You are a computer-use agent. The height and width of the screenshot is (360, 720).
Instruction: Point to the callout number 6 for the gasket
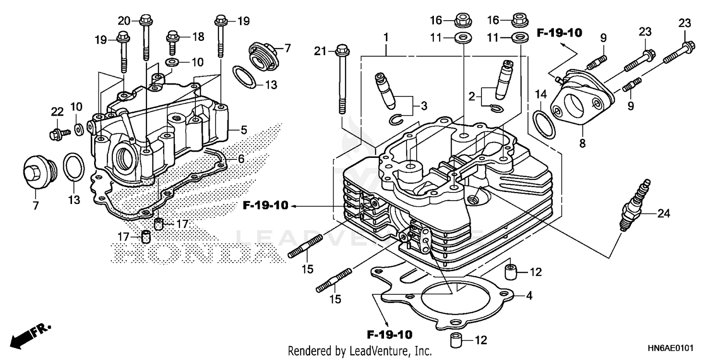click(x=240, y=159)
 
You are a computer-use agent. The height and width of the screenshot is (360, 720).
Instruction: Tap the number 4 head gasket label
click(x=528, y=296)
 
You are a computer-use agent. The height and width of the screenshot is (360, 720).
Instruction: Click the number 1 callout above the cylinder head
click(x=386, y=37)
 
